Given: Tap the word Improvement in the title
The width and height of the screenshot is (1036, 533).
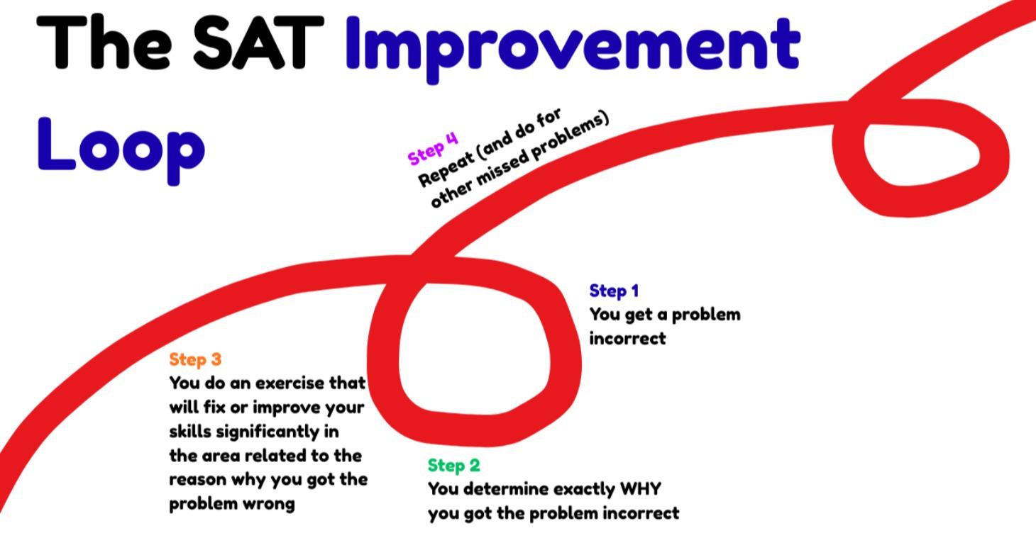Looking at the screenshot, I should point(572,44).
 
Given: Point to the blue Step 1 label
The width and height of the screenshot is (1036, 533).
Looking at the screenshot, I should point(614,291).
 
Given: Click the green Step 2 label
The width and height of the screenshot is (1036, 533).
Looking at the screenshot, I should point(453,466).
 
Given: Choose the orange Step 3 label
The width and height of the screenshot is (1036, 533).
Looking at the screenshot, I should point(195,359).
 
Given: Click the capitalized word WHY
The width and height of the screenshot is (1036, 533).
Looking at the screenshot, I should point(640,489).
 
